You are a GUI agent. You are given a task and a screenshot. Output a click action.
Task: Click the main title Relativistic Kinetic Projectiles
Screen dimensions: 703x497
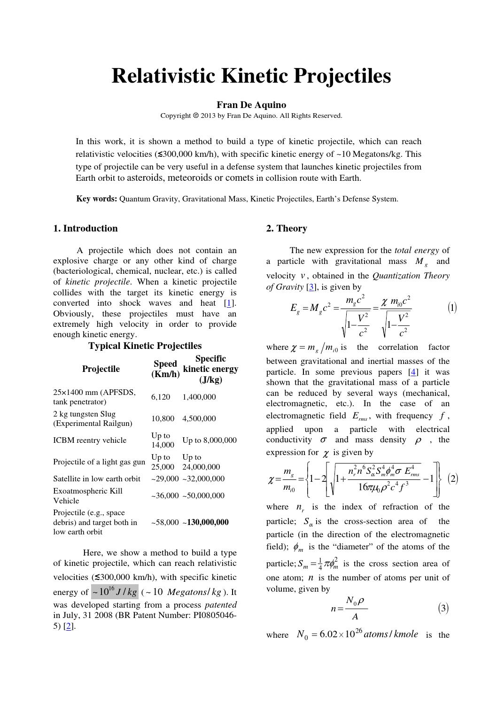pyautogui.click(x=251, y=76)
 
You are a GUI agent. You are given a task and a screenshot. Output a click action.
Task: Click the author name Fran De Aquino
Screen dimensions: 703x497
pyautogui.click(x=251, y=105)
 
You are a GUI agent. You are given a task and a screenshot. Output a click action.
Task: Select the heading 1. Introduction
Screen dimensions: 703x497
pyautogui.click(x=85, y=229)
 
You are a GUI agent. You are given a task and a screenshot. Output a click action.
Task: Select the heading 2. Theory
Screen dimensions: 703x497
pyautogui.click(x=287, y=229)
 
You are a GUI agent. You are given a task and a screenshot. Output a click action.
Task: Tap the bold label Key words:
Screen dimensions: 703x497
pyautogui.click(x=97, y=199)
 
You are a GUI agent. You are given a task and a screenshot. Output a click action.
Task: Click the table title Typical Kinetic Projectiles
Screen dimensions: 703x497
pyautogui.click(x=145, y=346)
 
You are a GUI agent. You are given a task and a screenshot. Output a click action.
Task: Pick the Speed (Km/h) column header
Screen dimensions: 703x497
pyautogui.click(x=165, y=369)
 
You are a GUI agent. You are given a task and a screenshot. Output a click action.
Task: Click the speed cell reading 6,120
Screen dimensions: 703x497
pyautogui.click(x=161, y=397)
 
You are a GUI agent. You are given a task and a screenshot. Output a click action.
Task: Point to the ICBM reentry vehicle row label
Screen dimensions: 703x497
pyautogui.click(x=90, y=440)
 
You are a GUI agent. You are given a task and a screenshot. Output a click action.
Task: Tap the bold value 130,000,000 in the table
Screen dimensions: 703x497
pyautogui.click(x=208, y=522)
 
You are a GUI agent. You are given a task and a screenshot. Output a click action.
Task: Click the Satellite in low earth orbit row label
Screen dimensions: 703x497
pyautogui.click(x=97, y=479)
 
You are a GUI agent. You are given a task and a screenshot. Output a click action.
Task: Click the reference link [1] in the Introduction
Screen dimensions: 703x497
pyautogui.click(x=229, y=303)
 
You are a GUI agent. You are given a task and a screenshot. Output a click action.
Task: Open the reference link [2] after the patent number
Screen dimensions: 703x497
pyautogui.click(x=69, y=626)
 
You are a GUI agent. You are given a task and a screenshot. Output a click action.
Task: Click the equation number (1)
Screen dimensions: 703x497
pyautogui.click(x=452, y=308)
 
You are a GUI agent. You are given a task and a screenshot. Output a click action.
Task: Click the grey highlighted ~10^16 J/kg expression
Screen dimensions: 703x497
pyautogui.click(x=115, y=592)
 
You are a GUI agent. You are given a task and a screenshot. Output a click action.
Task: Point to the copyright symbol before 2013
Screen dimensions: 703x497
pyautogui.click(x=196, y=116)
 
